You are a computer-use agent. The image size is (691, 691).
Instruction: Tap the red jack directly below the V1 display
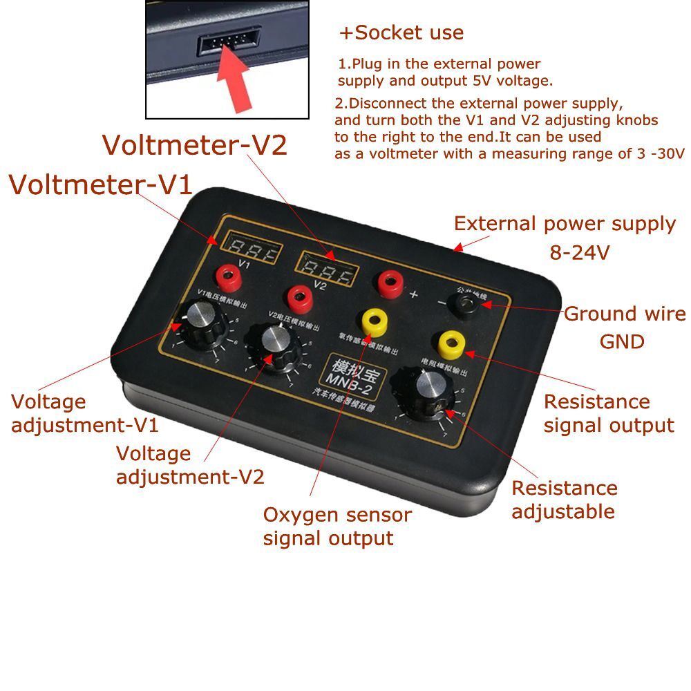tap(229, 278)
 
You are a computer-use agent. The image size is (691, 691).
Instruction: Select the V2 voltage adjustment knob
tap(274, 341)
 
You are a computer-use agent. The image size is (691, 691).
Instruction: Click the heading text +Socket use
tap(401, 32)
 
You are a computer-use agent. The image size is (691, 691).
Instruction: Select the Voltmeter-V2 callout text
tap(194, 145)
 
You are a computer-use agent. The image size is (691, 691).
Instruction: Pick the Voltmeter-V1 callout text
tap(100, 186)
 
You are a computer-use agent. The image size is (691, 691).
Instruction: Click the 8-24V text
tap(580, 253)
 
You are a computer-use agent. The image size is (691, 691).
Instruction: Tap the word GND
tap(622, 341)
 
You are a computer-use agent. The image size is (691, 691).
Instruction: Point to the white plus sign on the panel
tap(415, 295)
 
